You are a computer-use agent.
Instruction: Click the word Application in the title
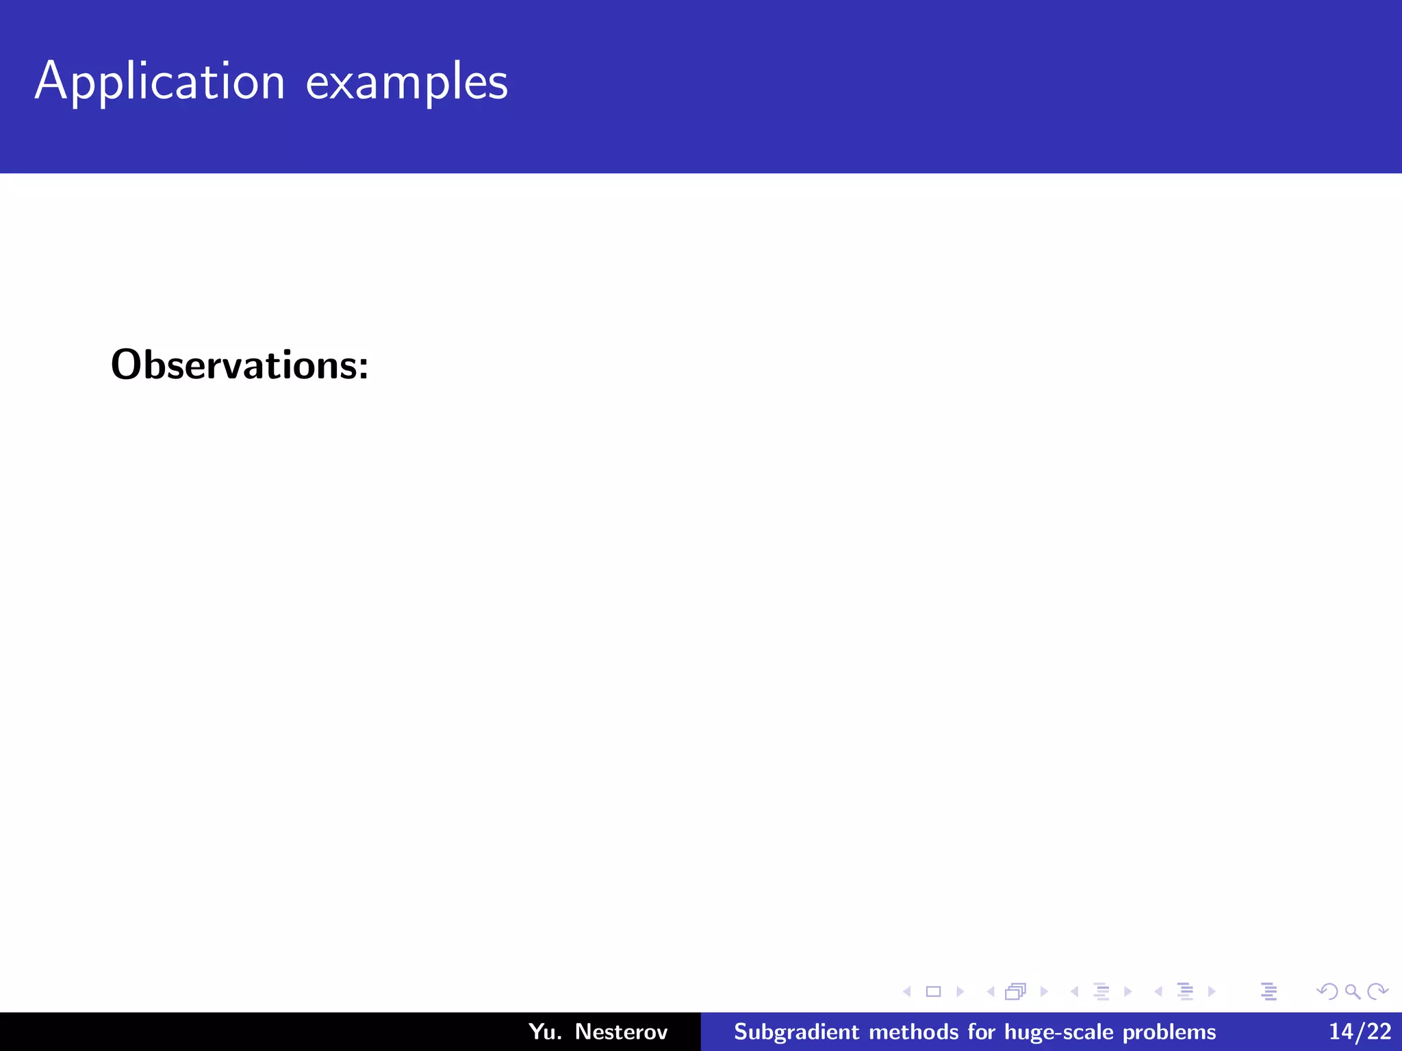160,82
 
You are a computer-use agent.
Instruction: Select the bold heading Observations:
240,365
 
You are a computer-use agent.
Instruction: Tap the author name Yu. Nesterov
598,1031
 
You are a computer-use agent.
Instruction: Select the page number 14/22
1360,1031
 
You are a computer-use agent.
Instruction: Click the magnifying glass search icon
1353,991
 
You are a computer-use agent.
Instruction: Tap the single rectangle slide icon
933,991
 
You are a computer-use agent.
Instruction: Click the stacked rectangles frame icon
1016,991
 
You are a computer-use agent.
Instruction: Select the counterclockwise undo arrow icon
1327,991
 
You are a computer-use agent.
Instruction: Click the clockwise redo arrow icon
1377,991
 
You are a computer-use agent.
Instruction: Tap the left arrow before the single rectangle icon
907,991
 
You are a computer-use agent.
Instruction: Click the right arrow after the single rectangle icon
960,991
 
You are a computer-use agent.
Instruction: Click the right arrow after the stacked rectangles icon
1044,991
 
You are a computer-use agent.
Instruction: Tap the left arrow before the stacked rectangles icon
991,991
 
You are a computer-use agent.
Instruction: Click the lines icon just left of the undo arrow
1269,991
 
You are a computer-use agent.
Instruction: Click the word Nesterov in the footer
621,1031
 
